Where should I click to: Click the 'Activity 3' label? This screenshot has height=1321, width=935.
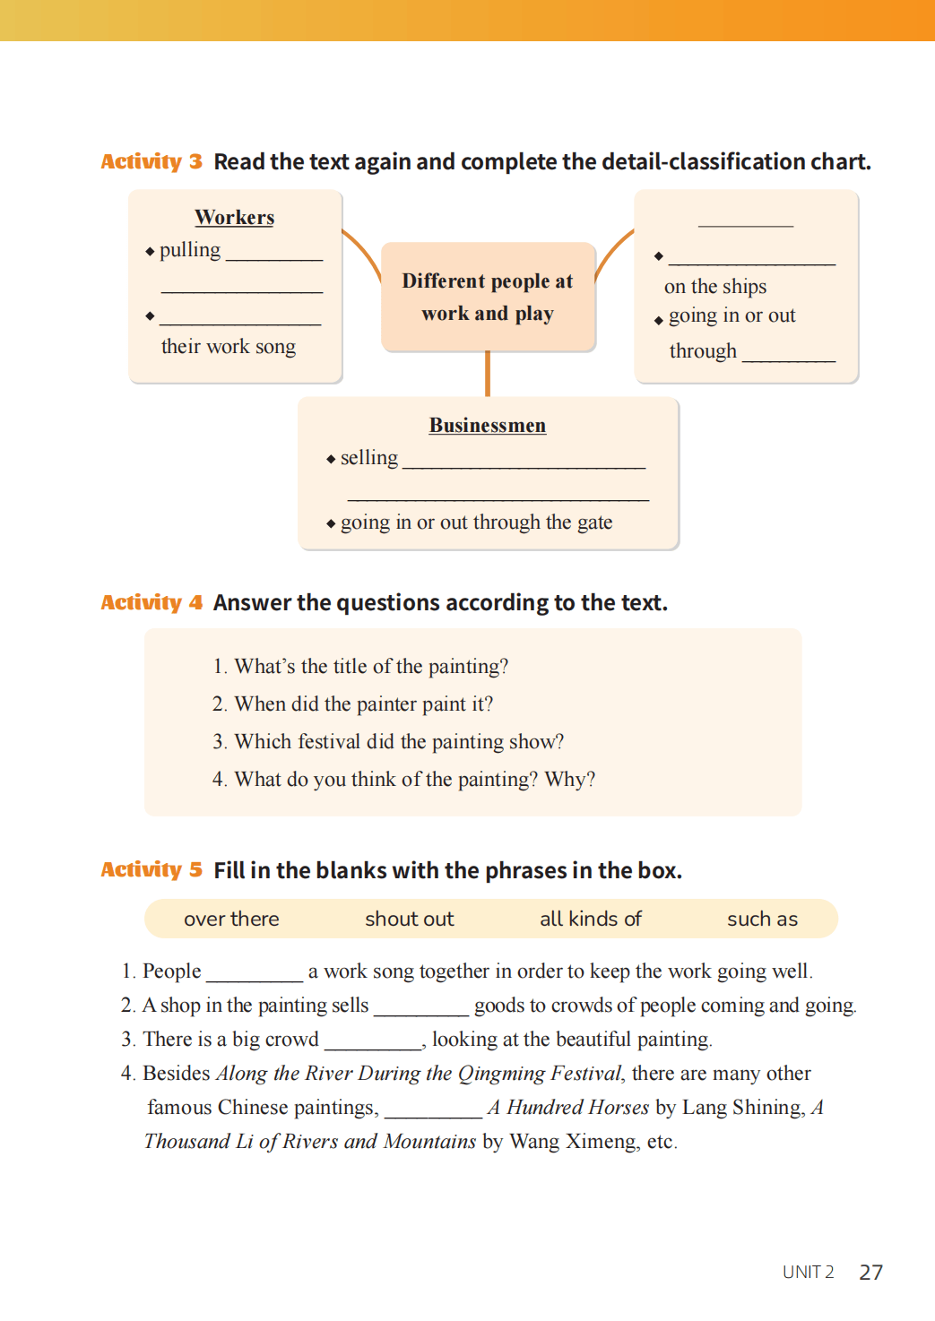pyautogui.click(x=151, y=161)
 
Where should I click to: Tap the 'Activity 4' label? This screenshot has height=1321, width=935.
pyautogui.click(x=151, y=602)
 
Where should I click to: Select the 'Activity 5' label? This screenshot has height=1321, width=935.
pyautogui.click(x=151, y=869)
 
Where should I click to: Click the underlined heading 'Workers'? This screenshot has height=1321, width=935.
pyautogui.click(x=234, y=218)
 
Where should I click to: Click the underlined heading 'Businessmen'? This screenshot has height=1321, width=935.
pyautogui.click(x=487, y=426)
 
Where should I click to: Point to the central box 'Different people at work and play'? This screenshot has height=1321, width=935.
pyautogui.click(x=488, y=297)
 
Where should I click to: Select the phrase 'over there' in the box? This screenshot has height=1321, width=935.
pyautogui.click(x=231, y=919)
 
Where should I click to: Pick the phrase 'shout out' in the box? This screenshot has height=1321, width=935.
pyautogui.click(x=409, y=919)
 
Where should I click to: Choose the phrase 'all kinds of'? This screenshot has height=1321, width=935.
pyautogui.click(x=590, y=919)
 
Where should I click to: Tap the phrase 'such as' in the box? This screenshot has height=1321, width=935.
pyautogui.click(x=762, y=919)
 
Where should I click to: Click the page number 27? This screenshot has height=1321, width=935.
pyautogui.click(x=870, y=1273)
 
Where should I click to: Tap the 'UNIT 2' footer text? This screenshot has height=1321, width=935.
pyautogui.click(x=808, y=1273)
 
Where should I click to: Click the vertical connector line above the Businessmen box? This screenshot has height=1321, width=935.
pyautogui.click(x=488, y=374)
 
